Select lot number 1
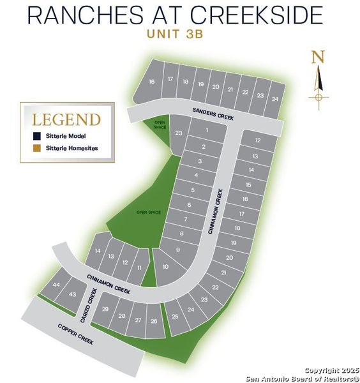point(206,130)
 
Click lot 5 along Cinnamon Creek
point(193,190)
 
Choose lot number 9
point(178,250)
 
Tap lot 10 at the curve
point(166,266)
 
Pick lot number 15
point(248,184)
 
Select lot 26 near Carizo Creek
point(154,320)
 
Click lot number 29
point(105,309)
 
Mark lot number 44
point(57,285)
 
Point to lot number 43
point(72,294)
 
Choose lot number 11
point(139,267)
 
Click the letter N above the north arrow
point(318,57)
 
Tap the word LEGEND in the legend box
point(66,119)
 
